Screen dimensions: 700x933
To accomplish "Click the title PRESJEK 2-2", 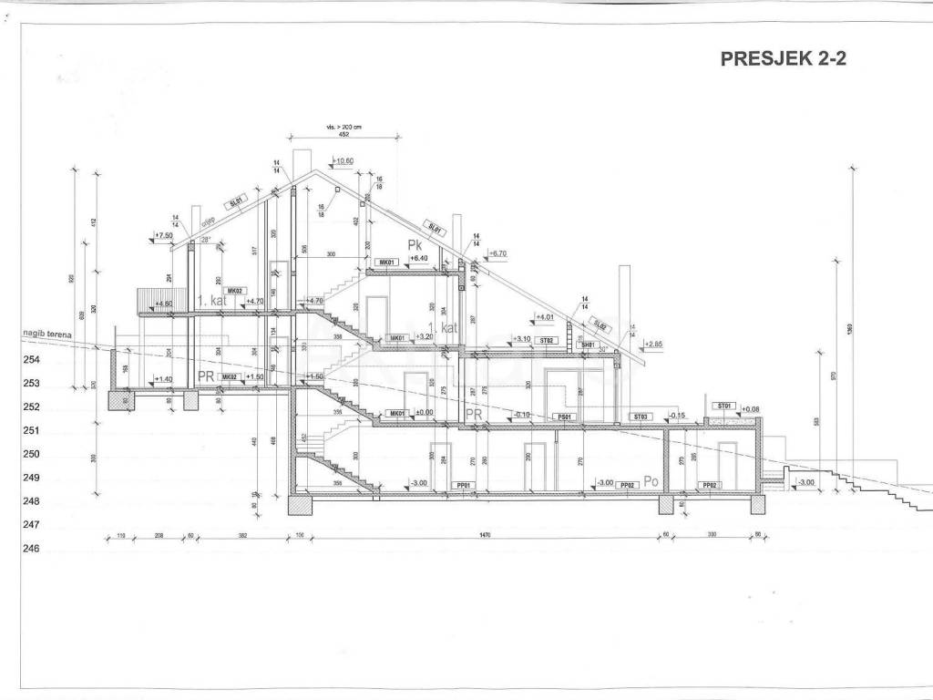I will [x=784, y=59].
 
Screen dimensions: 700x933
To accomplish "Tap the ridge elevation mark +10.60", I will [x=344, y=161].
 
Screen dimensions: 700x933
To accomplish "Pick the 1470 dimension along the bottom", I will [x=483, y=536].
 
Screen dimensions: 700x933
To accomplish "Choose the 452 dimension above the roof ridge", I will [x=343, y=134].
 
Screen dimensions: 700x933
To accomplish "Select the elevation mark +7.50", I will [x=164, y=235].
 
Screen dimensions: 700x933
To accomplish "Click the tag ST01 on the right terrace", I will [x=725, y=405].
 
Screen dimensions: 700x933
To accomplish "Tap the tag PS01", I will [x=565, y=417].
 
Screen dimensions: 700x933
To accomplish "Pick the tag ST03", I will [x=641, y=417].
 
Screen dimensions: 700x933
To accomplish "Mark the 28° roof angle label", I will [x=206, y=240].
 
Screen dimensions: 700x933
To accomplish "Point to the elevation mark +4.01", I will [x=544, y=317].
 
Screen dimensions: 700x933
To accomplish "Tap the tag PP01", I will [x=461, y=486].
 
